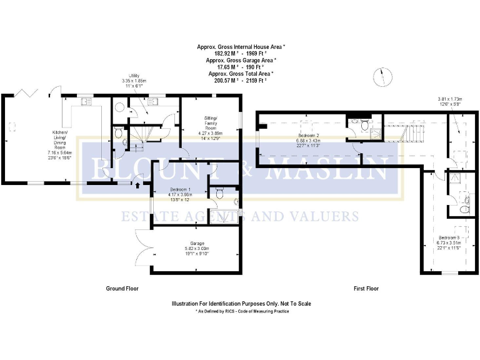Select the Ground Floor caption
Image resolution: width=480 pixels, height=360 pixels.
122,289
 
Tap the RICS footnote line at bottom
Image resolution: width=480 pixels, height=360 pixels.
242,311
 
